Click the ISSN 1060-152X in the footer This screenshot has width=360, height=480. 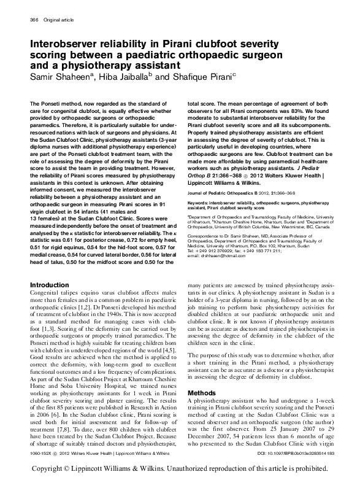click(x=42, y=452)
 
